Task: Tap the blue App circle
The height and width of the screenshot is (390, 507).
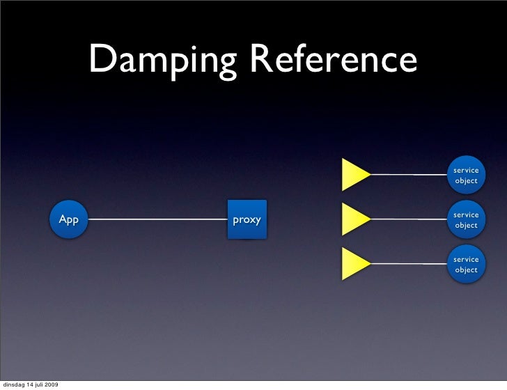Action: [69, 220]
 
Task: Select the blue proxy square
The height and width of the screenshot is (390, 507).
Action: [247, 220]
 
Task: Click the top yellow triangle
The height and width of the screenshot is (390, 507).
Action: [354, 175]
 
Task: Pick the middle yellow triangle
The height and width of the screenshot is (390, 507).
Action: [354, 219]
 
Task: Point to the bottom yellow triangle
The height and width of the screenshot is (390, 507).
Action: [354, 264]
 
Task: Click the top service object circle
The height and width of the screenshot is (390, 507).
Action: [466, 175]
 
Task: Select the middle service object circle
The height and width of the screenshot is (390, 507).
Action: [466, 220]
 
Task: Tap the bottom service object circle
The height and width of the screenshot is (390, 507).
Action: [466, 265]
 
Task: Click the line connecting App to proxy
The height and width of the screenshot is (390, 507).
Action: [157, 220]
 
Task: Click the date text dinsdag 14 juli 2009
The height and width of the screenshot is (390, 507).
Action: [30, 384]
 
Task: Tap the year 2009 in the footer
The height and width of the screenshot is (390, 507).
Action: [51, 384]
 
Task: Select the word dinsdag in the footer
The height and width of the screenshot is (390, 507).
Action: [13, 384]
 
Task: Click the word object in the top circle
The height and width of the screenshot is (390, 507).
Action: [466, 181]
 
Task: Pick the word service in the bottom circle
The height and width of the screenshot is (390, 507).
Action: [466, 260]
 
